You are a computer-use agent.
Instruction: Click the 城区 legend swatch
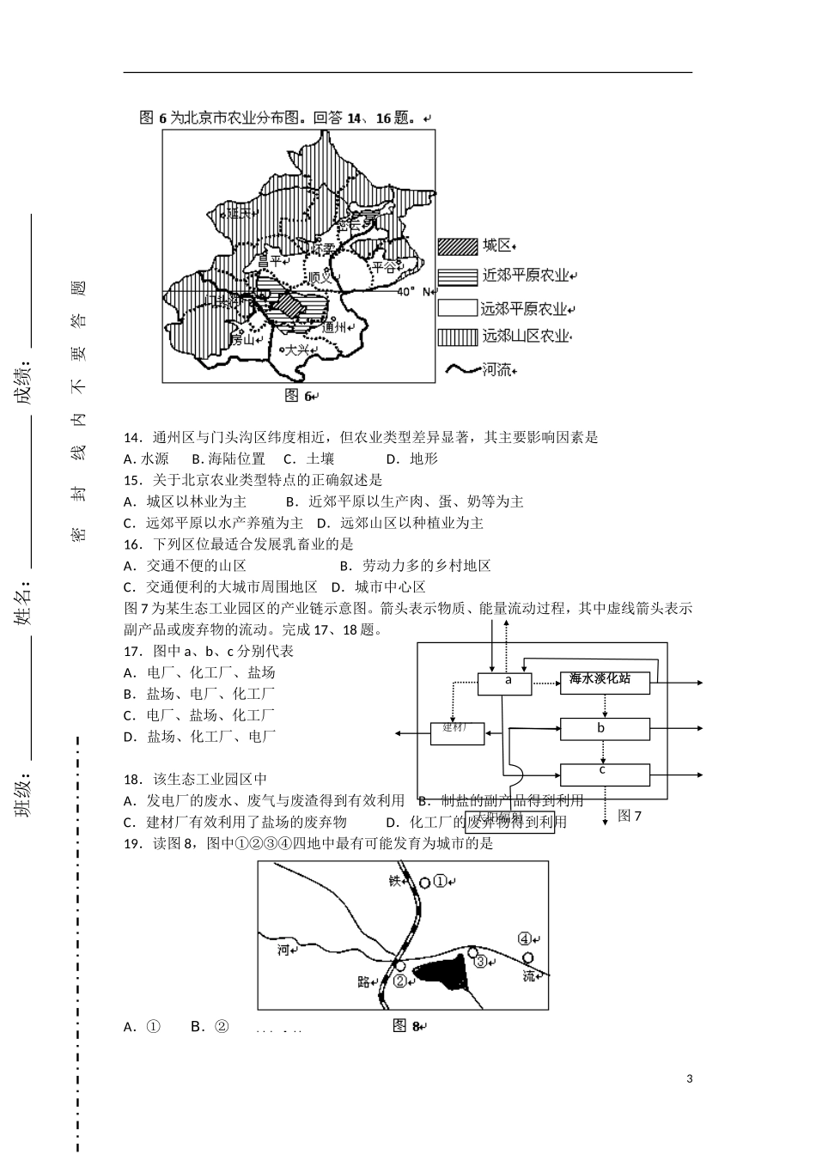(456, 246)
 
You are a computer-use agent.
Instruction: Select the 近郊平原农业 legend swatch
(456, 277)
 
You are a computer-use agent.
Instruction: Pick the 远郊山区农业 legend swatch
(456, 337)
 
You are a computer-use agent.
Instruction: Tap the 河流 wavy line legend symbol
(461, 370)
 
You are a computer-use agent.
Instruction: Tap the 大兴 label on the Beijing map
(296, 349)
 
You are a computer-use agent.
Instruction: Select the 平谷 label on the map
(383, 266)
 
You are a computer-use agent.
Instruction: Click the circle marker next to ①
(425, 882)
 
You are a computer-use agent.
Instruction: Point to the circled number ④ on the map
(526, 938)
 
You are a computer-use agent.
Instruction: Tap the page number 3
(690, 1078)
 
